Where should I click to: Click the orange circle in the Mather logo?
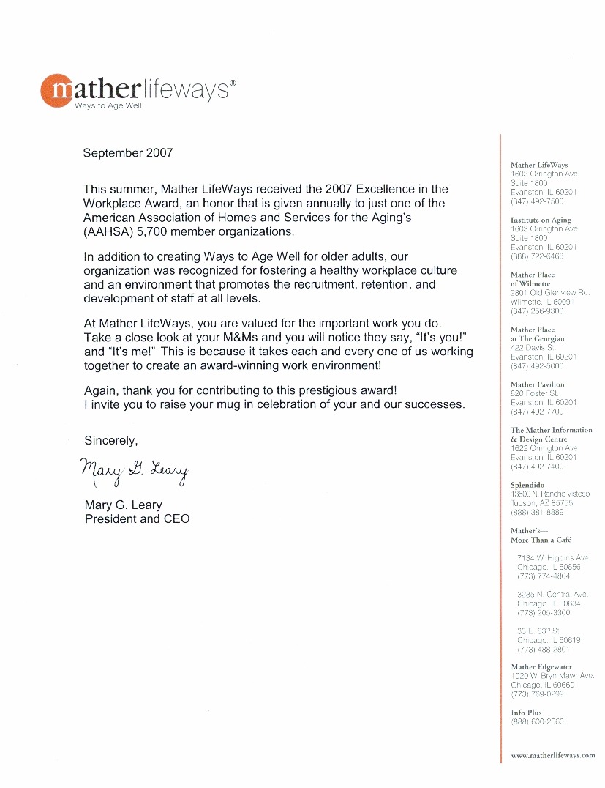(57, 91)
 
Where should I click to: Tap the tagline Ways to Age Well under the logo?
(108, 106)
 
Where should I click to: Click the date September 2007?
(128, 153)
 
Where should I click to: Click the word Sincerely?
(111, 441)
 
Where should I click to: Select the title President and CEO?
(137, 518)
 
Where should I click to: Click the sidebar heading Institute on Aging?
(541, 220)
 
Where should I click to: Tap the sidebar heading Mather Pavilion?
(537, 384)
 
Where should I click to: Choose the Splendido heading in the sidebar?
(527, 485)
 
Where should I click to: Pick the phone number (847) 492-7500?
(537, 201)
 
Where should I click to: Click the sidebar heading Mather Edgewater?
(541, 667)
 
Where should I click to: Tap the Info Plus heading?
(526, 712)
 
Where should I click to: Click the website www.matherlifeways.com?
(553, 755)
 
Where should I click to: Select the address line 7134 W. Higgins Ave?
(554, 558)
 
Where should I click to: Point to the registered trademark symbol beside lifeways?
(233, 83)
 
